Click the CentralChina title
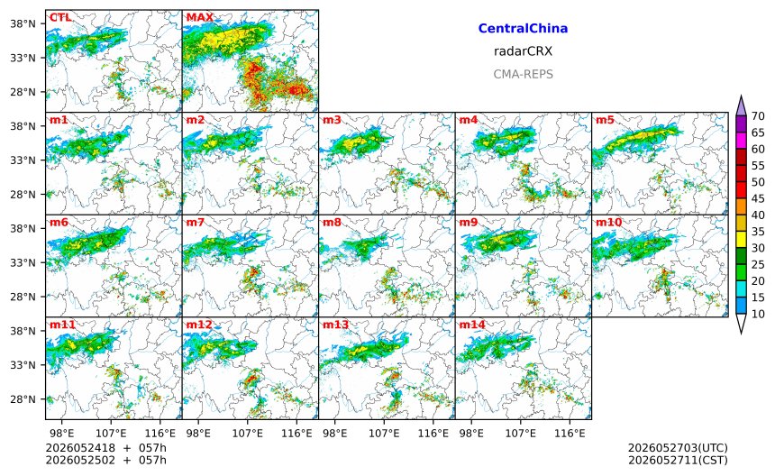pyautogui.click(x=523, y=29)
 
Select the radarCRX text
pyautogui.click(x=523, y=51)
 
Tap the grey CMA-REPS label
pyautogui.click(x=523, y=74)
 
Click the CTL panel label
pyautogui.click(x=59, y=17)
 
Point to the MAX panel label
pyautogui.click(x=200, y=17)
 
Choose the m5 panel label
pyautogui.click(x=605, y=120)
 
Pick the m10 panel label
pyautogui.click(x=608, y=223)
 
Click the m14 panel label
pyautogui.click(x=472, y=325)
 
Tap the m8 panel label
pyautogui.click(x=332, y=223)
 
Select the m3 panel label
pyautogui.click(x=332, y=120)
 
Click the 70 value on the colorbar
pyautogui.click(x=758, y=116)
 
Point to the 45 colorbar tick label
pyautogui.click(x=758, y=198)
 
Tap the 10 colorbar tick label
pyautogui.click(x=758, y=314)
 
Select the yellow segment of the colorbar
pyautogui.click(x=741, y=240)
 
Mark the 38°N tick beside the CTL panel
pyautogui.click(x=23, y=23)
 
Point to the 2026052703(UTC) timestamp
pyautogui.click(x=678, y=448)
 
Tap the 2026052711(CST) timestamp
pyautogui.click(x=678, y=460)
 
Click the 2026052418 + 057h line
pyautogui.click(x=105, y=448)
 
